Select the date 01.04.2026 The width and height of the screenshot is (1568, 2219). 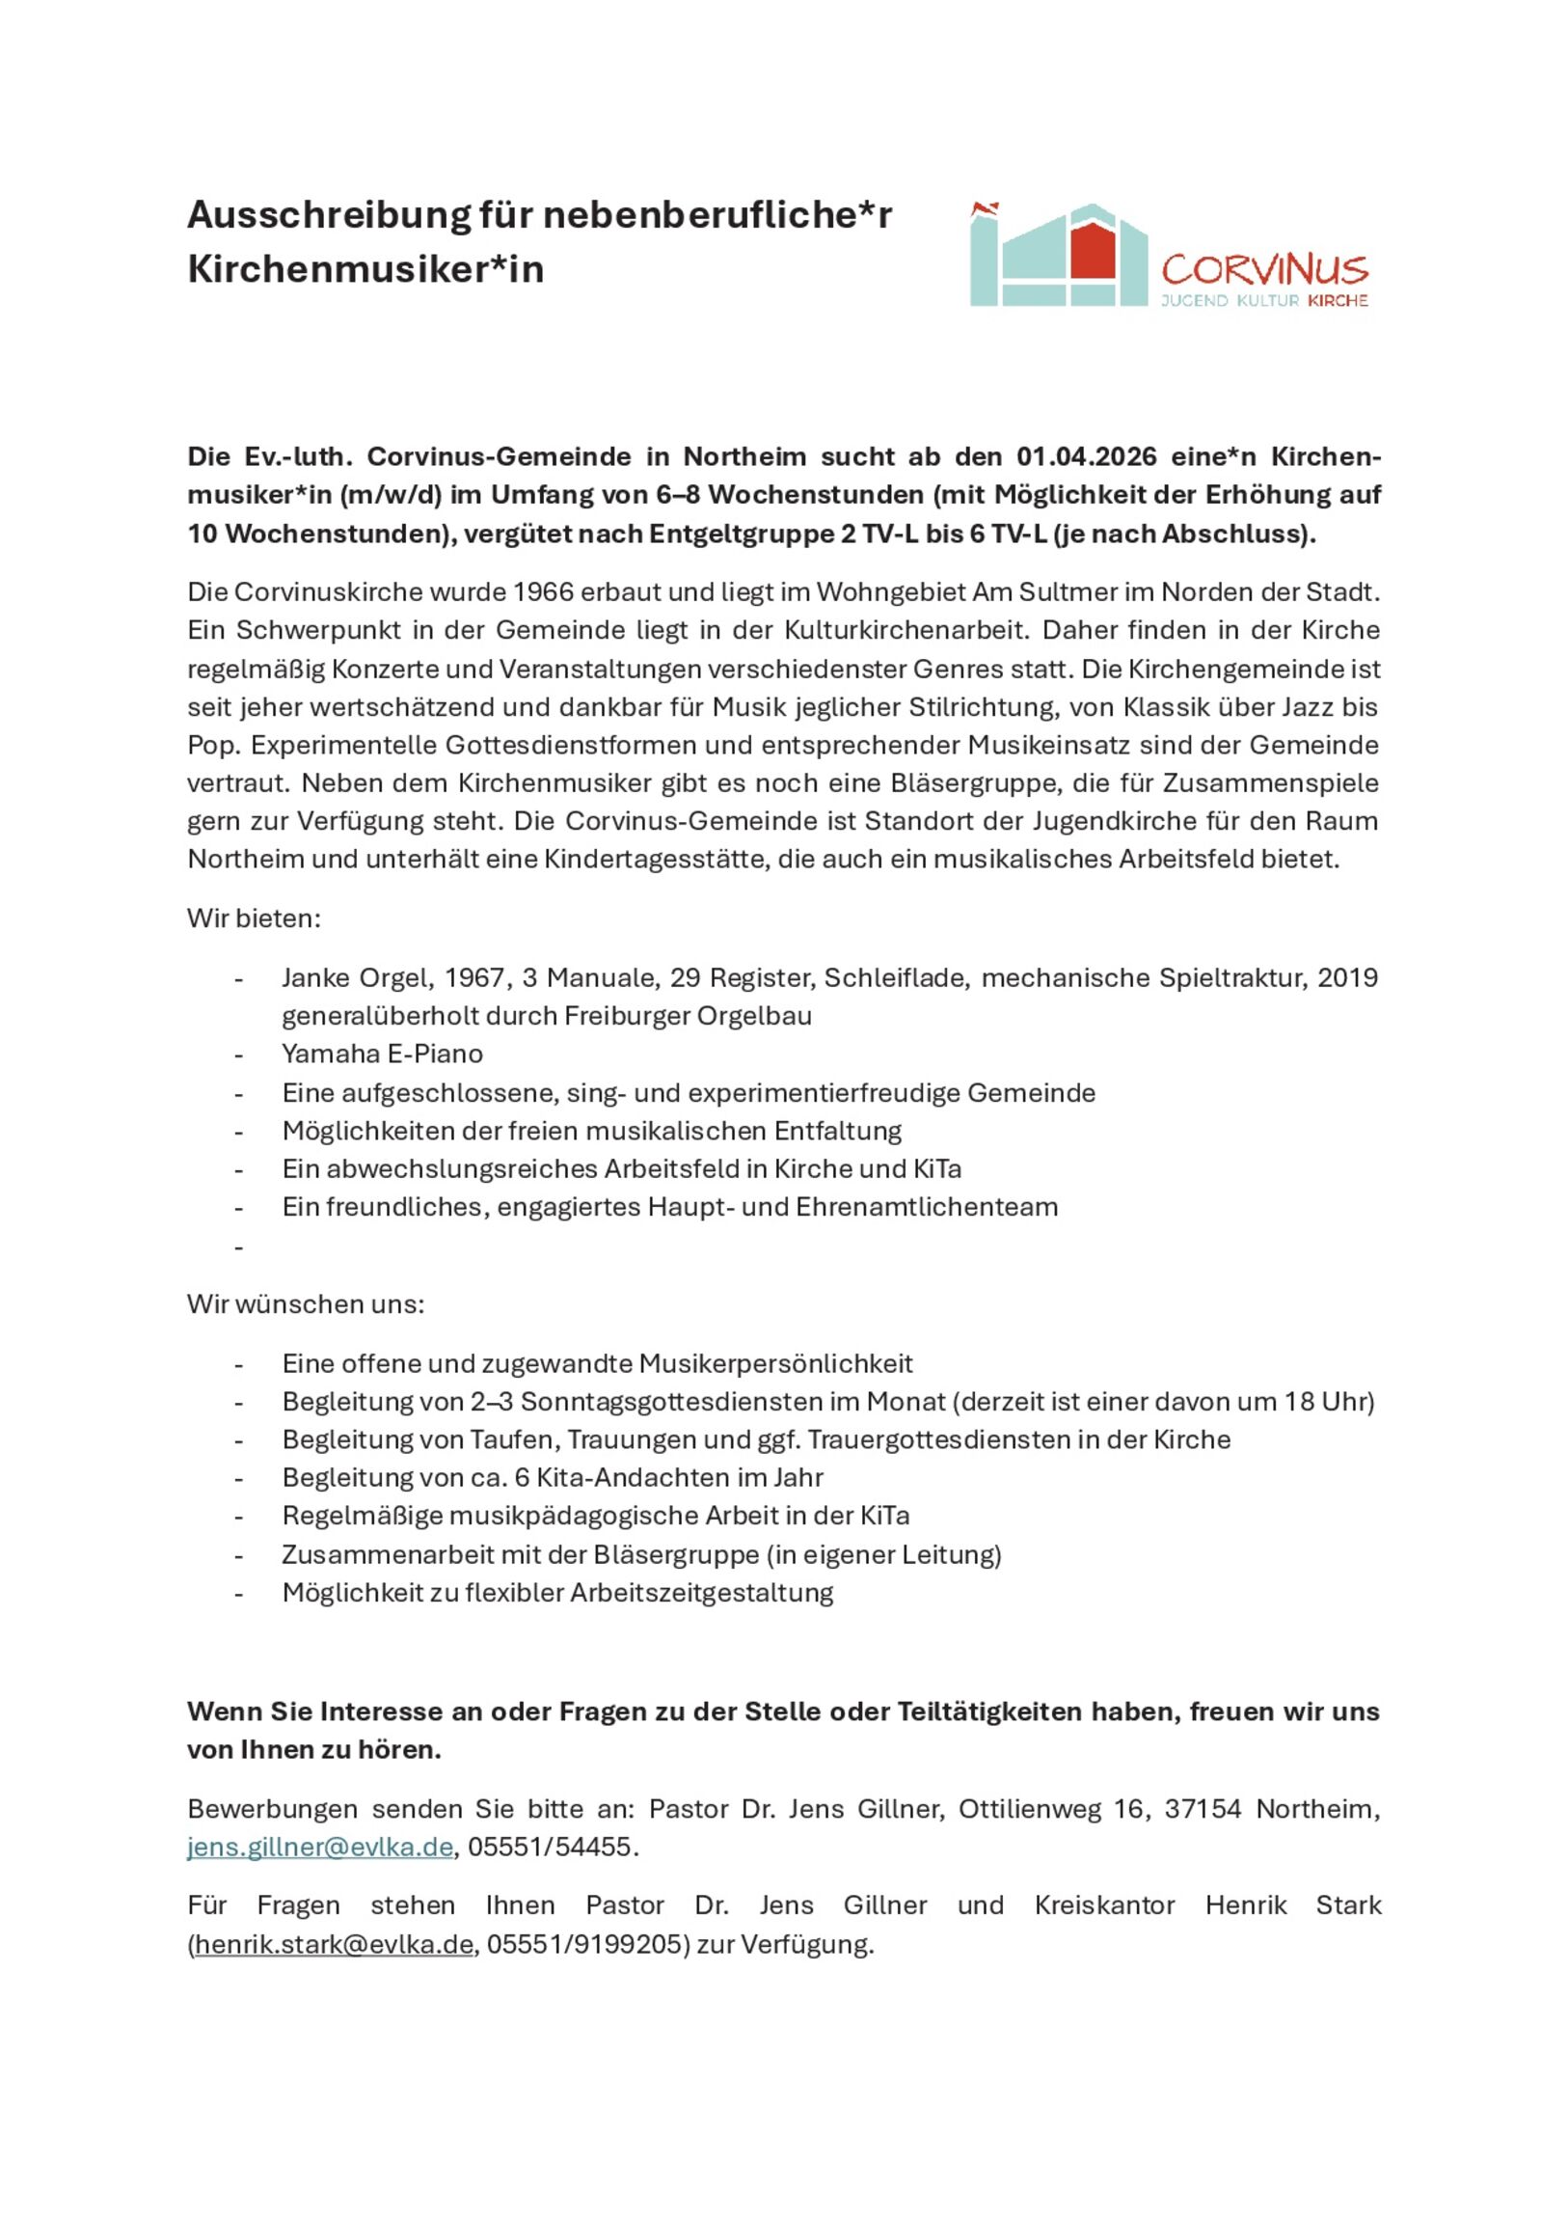tap(1086, 456)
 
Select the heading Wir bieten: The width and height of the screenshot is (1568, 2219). tap(253, 918)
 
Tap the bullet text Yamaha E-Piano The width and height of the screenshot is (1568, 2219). tap(382, 1054)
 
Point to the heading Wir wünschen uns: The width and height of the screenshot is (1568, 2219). tap(306, 1303)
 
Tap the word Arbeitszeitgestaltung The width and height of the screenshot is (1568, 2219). tap(701, 1593)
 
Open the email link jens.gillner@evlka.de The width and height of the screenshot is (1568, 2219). tap(320, 1847)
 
